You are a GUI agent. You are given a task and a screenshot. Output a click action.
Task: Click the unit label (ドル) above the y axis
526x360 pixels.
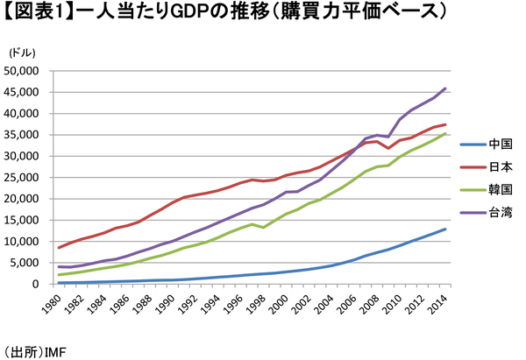click(x=22, y=53)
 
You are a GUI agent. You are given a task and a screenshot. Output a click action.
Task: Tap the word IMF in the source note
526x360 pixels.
click(x=53, y=350)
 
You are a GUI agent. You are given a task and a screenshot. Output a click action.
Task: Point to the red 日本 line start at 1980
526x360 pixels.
click(x=59, y=248)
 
